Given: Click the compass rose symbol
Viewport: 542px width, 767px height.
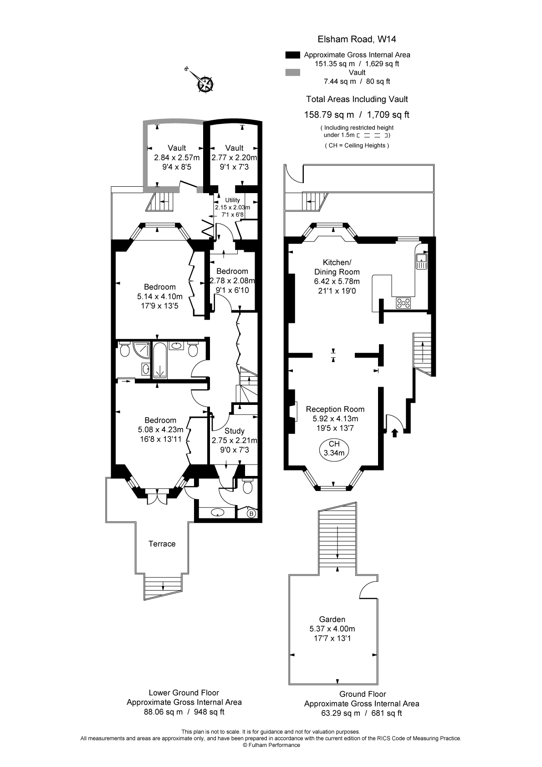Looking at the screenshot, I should [205, 84].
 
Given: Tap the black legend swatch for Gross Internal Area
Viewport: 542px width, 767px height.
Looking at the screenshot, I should [292, 55].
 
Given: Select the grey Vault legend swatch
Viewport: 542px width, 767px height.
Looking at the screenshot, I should [292, 72].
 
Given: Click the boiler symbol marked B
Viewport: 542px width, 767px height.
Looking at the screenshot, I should [251, 514].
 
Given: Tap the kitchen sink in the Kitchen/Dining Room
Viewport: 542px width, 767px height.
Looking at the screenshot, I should [421, 261].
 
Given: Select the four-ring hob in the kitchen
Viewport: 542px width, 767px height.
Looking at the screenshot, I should [403, 302].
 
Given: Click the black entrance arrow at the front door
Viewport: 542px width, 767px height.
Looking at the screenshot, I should [394, 433].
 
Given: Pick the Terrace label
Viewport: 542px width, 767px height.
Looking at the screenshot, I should [162, 544].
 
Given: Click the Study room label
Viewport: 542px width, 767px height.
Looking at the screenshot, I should [235, 431].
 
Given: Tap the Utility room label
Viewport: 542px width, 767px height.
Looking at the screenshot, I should [232, 200].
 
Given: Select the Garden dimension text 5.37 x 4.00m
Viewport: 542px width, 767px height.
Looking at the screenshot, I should [332, 629].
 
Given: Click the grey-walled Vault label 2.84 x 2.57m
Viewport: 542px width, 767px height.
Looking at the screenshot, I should [177, 158].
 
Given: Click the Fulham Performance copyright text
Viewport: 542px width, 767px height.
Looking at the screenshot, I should [271, 745].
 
